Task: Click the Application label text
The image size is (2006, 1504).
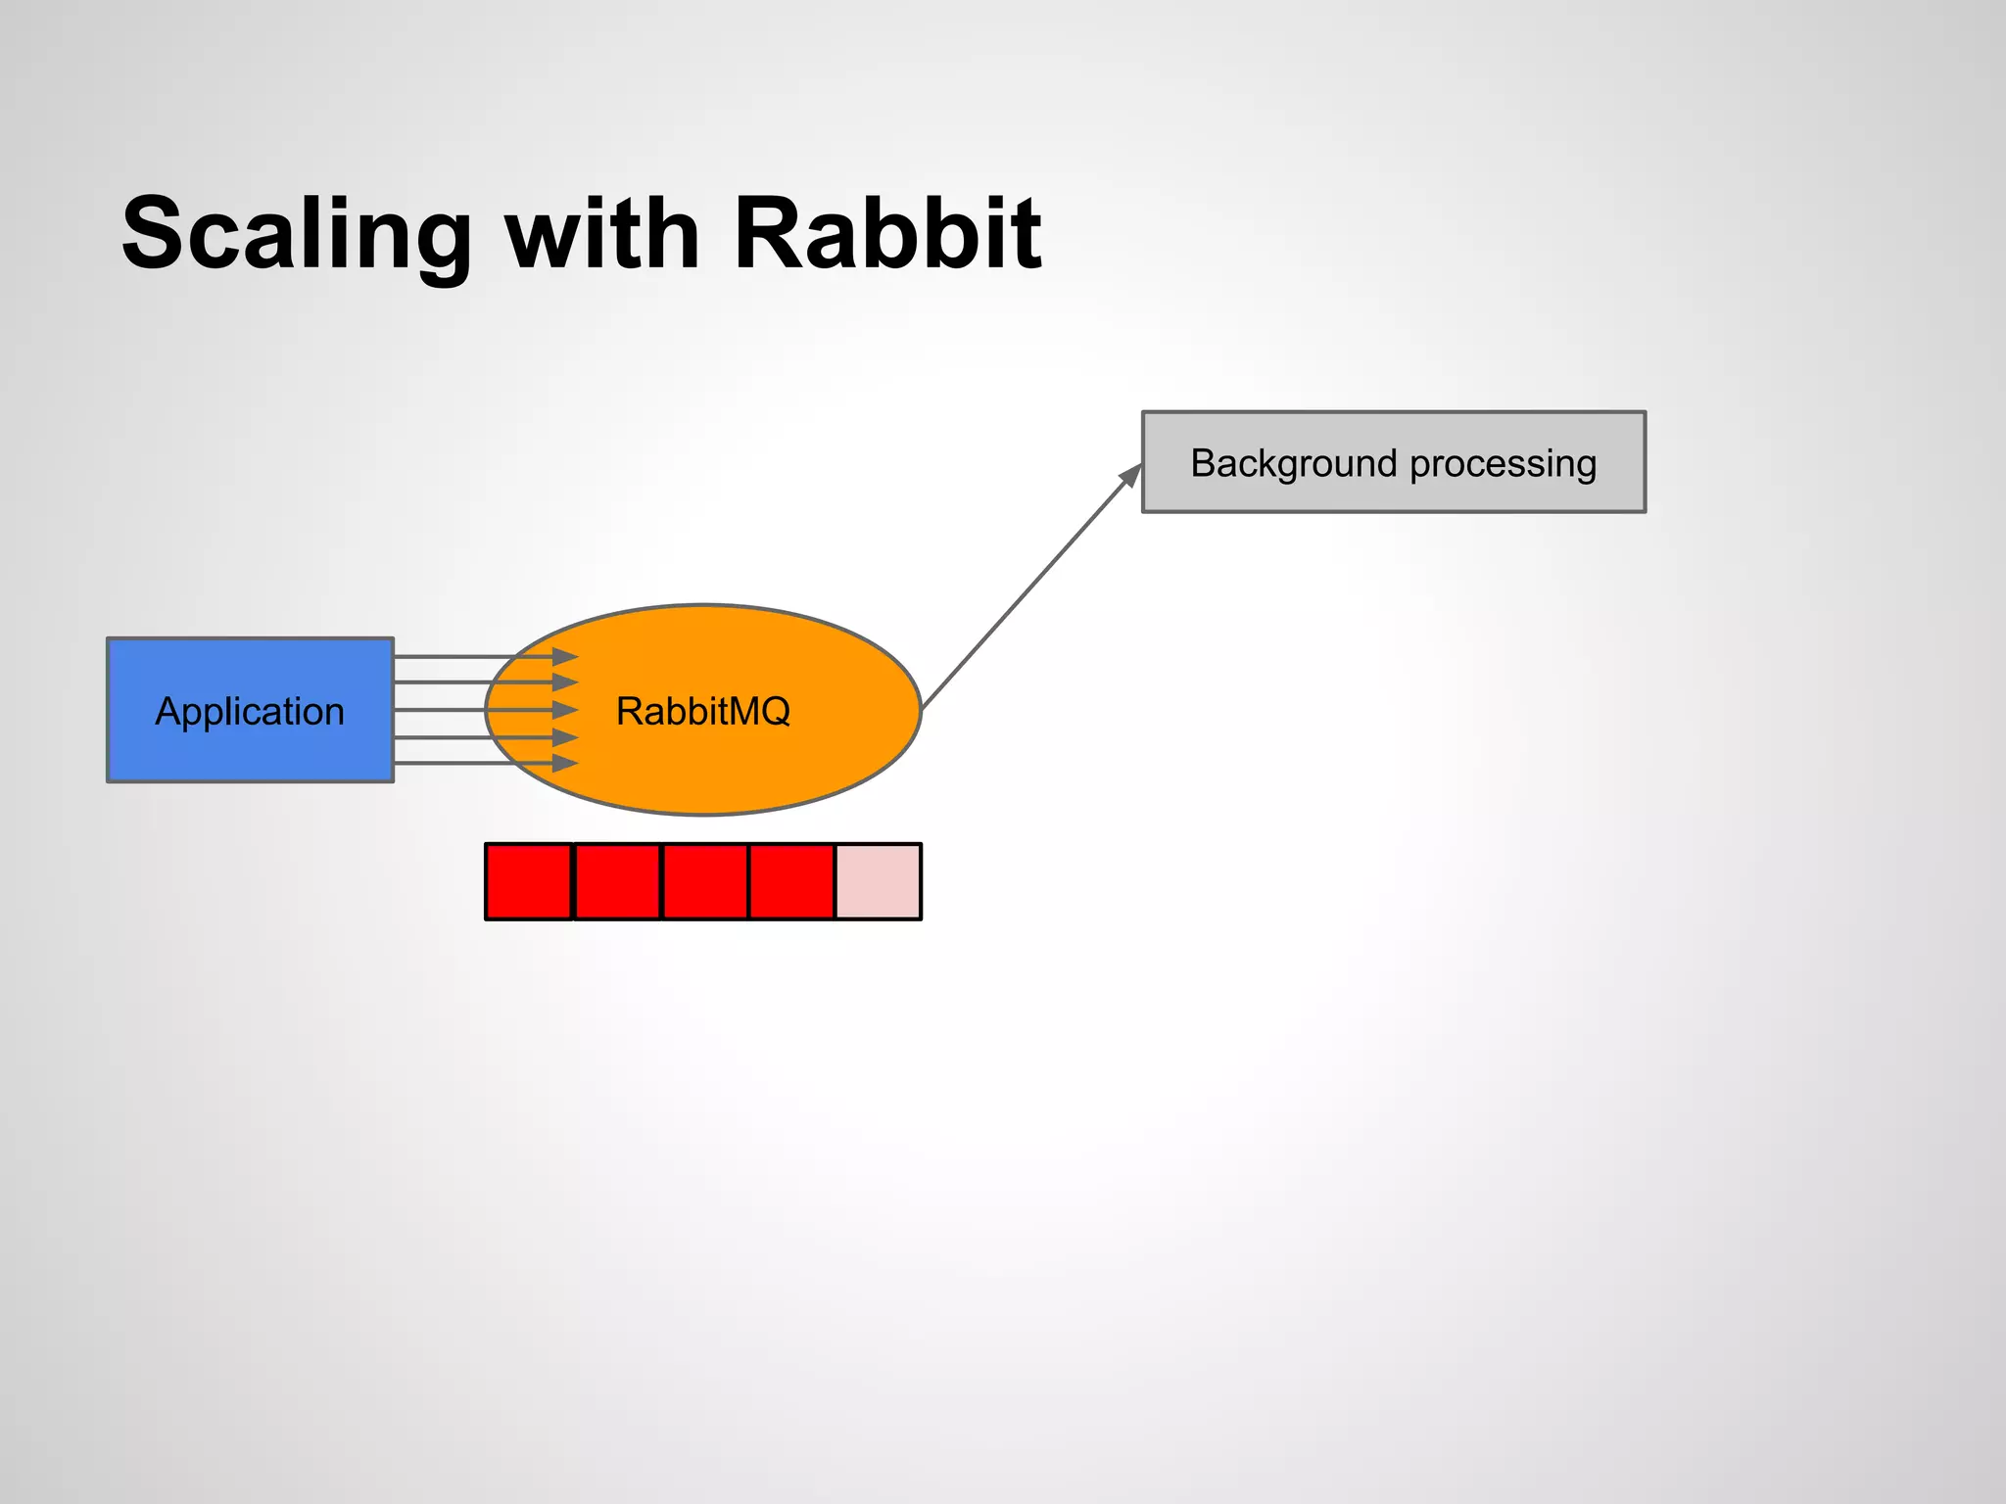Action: (250, 712)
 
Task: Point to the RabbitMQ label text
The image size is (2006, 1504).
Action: (702, 712)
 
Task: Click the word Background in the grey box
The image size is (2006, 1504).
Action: (1292, 463)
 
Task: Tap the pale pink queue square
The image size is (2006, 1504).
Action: (879, 881)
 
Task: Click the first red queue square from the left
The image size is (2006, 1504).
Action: (529, 881)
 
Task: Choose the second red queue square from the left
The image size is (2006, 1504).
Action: (617, 881)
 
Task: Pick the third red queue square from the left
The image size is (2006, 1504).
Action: (705, 881)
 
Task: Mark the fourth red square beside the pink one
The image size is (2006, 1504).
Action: (791, 881)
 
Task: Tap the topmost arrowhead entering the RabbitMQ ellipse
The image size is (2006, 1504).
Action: (565, 656)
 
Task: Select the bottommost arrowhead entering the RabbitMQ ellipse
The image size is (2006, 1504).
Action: (565, 763)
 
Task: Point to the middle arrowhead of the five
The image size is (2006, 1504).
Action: (565, 709)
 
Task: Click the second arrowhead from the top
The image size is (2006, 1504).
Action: (565, 682)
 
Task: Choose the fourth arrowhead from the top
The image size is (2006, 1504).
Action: (565, 736)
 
